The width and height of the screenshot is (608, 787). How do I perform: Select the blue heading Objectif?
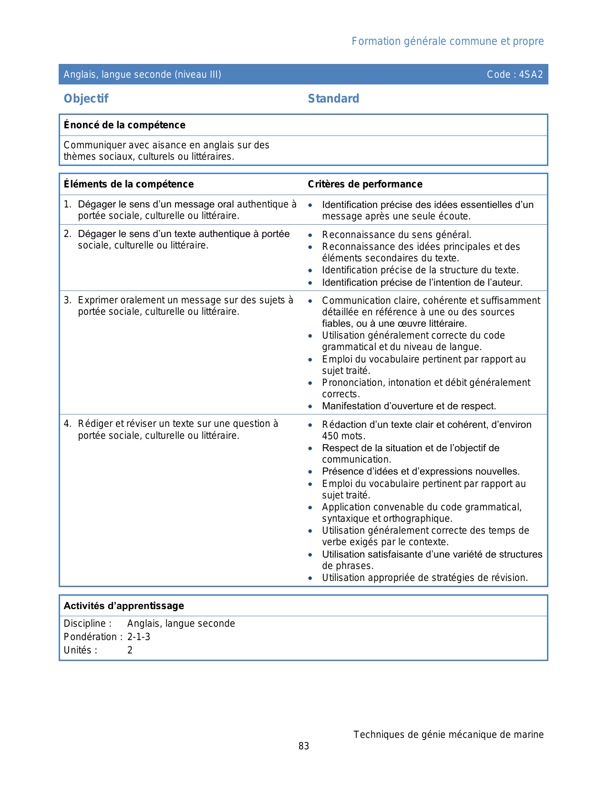(86, 99)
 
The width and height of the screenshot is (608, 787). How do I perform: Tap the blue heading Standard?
(333, 99)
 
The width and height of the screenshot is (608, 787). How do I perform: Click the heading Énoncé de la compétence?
(124, 125)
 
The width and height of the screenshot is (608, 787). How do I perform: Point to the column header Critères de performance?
(365, 184)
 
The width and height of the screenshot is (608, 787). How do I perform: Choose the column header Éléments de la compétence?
(129, 184)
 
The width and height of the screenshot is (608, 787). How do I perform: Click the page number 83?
(304, 746)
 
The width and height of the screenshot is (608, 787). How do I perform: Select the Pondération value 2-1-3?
(139, 637)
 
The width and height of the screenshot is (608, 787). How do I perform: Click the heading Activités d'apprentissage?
(124, 606)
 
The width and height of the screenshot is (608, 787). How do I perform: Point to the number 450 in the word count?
(330, 436)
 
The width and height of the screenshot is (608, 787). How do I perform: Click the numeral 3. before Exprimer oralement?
(67, 300)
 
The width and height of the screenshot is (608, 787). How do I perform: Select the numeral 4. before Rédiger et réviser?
(67, 424)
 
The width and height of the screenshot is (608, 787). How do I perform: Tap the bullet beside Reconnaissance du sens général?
(310, 235)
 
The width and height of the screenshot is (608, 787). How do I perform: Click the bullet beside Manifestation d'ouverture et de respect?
(310, 406)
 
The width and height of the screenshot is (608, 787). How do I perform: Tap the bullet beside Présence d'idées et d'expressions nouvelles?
(310, 472)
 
